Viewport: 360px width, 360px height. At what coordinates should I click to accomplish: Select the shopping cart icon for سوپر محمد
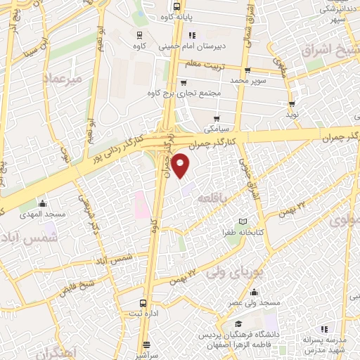click(x=248, y=70)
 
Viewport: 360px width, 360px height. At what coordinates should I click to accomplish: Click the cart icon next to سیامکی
click(x=217, y=118)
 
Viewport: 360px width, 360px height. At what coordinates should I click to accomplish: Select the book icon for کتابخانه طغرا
click(x=244, y=221)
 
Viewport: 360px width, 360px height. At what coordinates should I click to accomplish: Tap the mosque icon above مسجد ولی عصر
click(x=254, y=292)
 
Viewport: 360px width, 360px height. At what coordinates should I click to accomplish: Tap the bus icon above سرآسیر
click(x=147, y=345)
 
